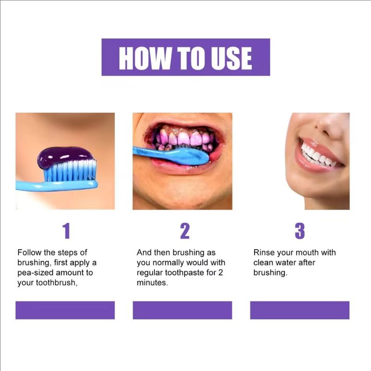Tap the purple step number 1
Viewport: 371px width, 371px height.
point(66,230)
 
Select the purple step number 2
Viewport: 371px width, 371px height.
point(185,230)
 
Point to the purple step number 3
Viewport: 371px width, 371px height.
point(300,230)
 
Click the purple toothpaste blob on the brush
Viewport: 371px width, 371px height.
point(65,156)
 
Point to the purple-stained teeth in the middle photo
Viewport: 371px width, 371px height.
point(185,138)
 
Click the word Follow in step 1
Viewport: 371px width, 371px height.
point(29,253)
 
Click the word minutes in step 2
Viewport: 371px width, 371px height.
point(152,283)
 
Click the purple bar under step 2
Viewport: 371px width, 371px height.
point(182,310)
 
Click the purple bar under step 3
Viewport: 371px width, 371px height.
point(300,310)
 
